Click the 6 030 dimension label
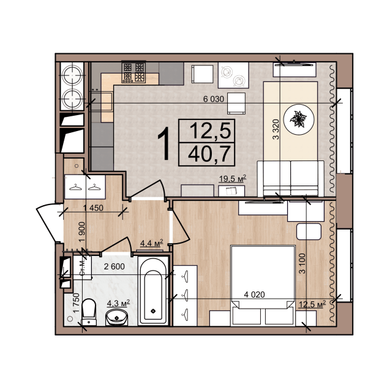[214, 99]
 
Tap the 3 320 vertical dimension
[276, 129]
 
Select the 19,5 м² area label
[233, 178]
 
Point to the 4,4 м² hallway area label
[151, 243]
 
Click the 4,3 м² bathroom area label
[118, 303]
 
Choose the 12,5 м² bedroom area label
[312, 304]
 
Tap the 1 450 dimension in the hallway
[93, 208]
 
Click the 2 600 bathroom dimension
[114, 266]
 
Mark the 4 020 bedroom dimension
[254, 294]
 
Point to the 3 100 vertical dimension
[302, 263]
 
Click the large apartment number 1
[163, 143]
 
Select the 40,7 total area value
[209, 154]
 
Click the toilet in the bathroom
[89, 312]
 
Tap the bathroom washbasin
[117, 317]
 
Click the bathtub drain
[153, 311]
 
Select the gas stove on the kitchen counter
[133, 72]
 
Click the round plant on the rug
[299, 119]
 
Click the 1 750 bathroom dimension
[77, 302]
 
